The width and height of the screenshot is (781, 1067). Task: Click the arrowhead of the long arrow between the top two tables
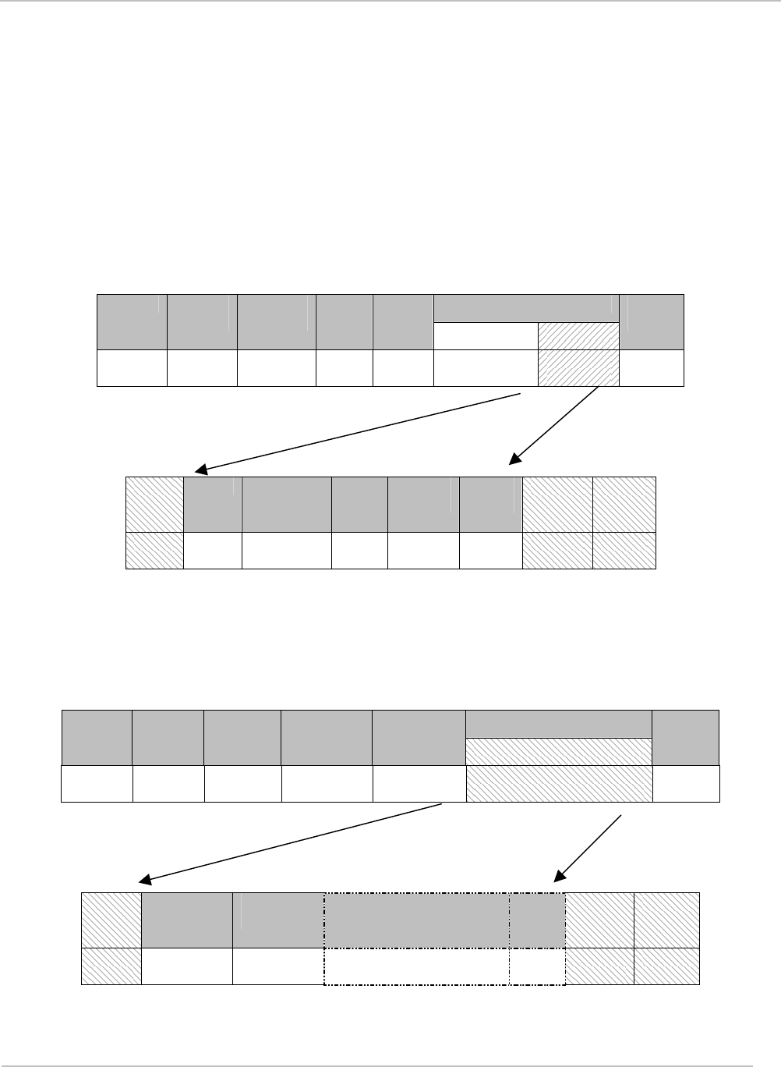(200, 470)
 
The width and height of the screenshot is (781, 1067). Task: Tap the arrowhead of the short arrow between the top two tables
(514, 460)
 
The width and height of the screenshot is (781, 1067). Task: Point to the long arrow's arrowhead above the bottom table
(144, 880)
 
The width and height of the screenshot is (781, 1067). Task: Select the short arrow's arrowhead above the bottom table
(558, 877)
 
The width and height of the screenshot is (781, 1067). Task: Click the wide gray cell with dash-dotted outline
(417, 920)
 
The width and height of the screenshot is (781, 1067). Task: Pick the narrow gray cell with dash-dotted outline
(537, 920)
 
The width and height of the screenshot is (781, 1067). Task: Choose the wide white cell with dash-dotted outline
(417, 966)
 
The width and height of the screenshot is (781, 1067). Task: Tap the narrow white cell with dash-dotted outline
(537, 966)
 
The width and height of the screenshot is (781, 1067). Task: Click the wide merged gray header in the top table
(526, 308)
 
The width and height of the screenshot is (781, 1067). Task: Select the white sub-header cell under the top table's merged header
(486, 336)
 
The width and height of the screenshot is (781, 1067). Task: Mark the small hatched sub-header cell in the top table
(578, 336)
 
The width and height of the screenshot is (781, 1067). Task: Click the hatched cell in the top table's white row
(578, 368)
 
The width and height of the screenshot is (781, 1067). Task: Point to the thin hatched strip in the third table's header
(559, 751)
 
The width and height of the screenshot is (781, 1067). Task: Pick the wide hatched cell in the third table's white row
(559, 784)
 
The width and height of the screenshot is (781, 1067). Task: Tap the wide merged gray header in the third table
(559, 724)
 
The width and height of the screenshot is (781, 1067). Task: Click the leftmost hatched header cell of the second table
(155, 504)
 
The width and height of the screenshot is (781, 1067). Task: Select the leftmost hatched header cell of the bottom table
(112, 920)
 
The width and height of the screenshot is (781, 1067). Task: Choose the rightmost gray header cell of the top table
(652, 322)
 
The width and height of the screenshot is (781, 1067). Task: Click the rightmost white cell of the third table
(685, 784)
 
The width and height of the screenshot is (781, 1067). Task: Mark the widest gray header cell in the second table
(286, 504)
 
